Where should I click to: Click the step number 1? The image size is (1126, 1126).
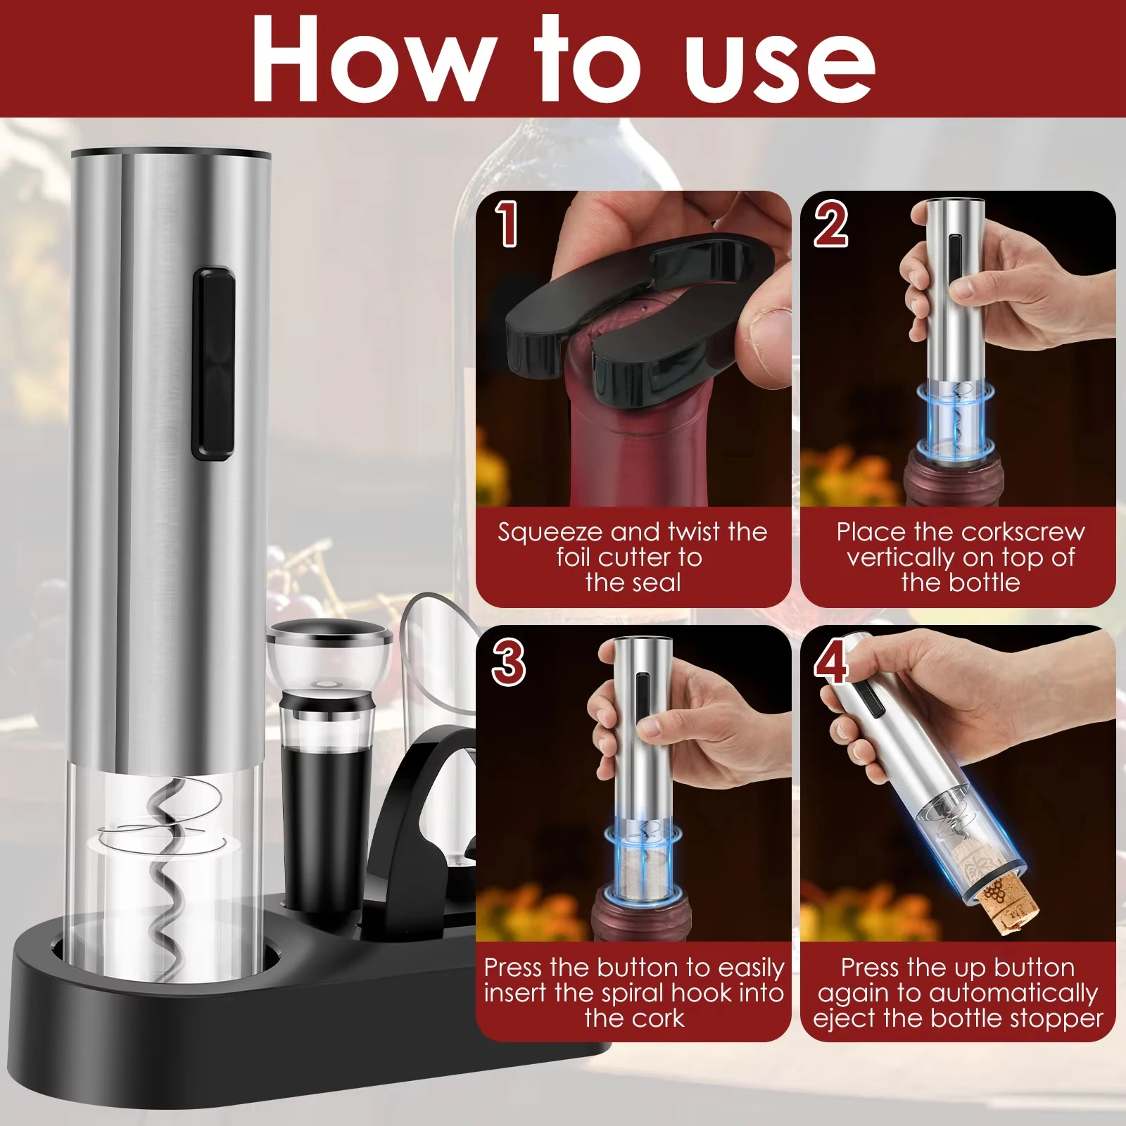506,224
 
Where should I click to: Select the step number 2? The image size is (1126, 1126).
831,224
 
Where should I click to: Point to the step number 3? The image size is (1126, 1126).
508,663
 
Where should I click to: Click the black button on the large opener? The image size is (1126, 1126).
213,363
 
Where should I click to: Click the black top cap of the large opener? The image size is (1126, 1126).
170,152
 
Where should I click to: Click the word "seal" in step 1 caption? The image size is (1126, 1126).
658,583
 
